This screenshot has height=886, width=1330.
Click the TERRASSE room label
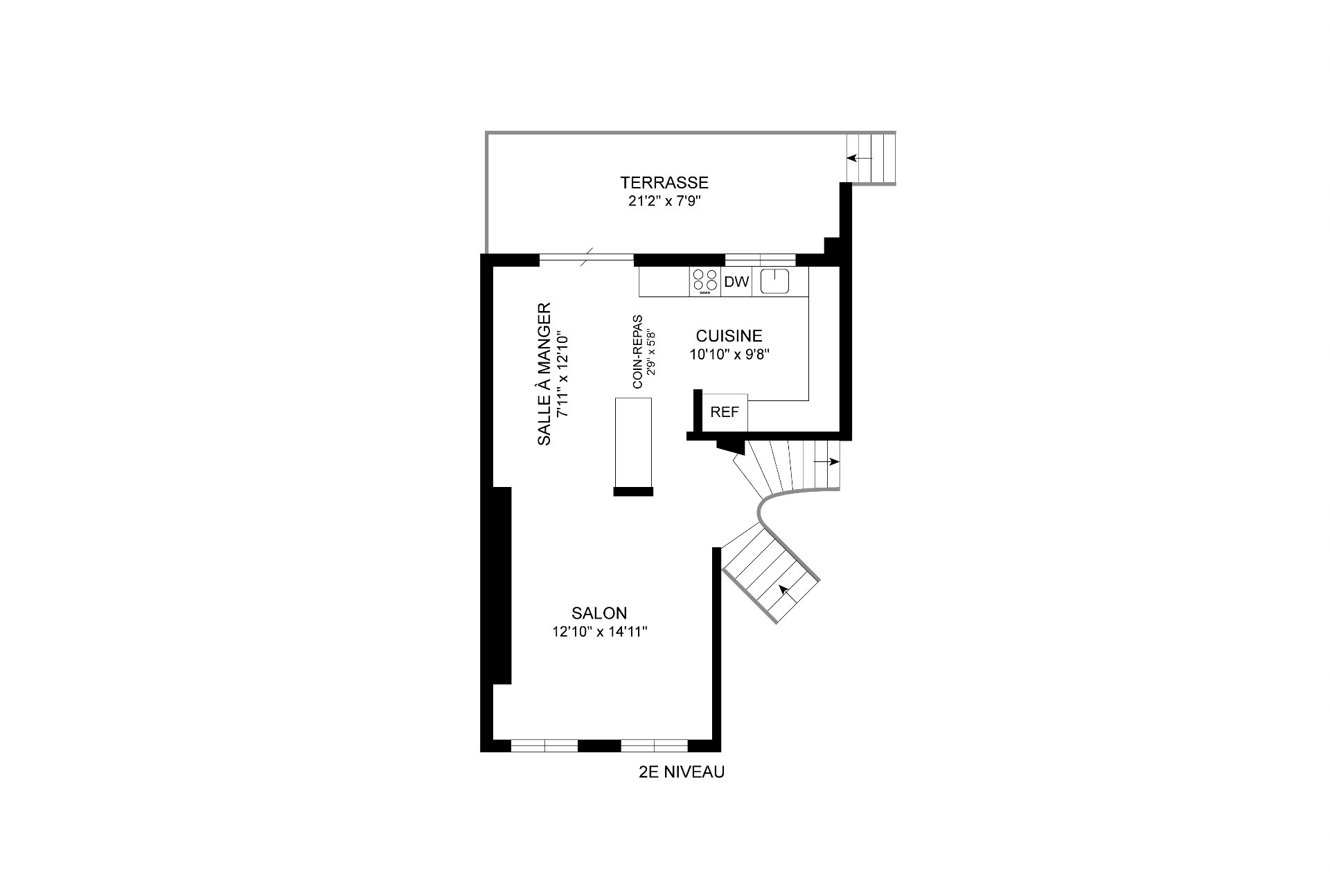tap(664, 183)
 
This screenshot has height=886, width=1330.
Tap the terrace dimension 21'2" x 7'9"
tap(664, 202)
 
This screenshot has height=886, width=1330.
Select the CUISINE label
tap(729, 336)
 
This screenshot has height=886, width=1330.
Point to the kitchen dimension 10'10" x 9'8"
tap(730, 355)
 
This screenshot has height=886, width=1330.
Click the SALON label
tap(599, 613)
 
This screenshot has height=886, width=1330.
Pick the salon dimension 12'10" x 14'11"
tap(599, 632)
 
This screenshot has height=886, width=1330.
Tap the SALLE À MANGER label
tap(544, 373)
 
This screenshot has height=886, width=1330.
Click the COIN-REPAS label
tap(637, 351)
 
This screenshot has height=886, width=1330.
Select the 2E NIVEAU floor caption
tap(682, 772)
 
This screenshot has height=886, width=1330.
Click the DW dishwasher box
tap(736, 282)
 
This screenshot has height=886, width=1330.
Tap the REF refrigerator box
tap(725, 412)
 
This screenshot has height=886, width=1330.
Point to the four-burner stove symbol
tap(705, 282)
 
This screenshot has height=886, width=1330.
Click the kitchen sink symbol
tap(775, 281)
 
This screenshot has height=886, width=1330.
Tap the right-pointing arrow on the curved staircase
tap(826, 461)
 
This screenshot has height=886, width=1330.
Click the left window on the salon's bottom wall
tap(544, 745)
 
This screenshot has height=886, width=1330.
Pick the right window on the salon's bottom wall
tap(654, 745)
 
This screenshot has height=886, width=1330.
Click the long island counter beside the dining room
tap(633, 443)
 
